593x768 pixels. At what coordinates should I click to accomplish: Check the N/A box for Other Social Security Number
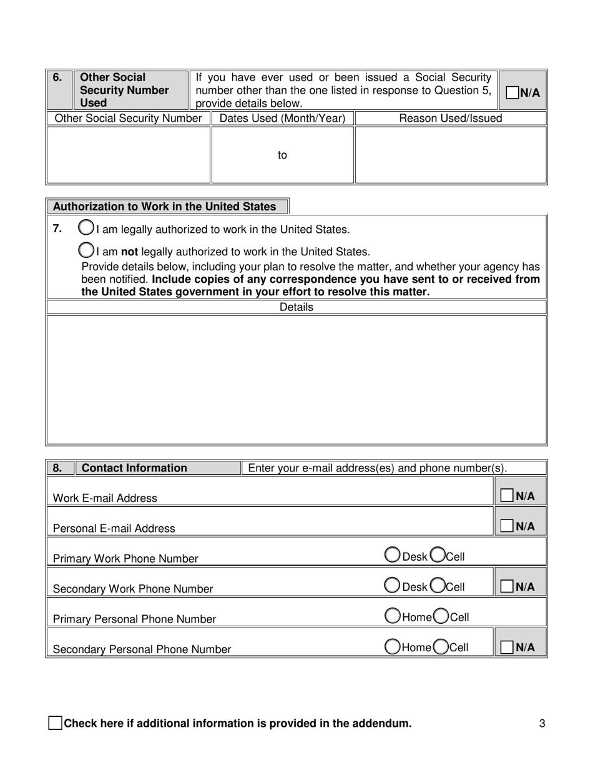point(512,92)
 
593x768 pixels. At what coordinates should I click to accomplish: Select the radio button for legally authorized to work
point(86,228)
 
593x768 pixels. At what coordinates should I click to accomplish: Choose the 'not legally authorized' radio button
point(86,250)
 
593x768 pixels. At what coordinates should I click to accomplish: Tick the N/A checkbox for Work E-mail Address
point(507,496)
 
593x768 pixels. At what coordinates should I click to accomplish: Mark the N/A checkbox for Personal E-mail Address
point(507,526)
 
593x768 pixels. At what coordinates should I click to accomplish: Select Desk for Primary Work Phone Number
point(393,555)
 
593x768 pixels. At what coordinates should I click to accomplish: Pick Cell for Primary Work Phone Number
point(438,555)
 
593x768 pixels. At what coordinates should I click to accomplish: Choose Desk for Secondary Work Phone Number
point(393,585)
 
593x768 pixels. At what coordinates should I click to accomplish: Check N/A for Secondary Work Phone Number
point(507,586)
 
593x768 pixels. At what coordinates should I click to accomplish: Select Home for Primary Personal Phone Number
point(393,616)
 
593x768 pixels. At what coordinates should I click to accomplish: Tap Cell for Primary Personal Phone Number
point(441,616)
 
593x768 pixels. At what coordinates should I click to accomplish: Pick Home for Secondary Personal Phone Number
point(393,647)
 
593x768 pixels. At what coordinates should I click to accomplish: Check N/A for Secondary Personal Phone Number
point(507,647)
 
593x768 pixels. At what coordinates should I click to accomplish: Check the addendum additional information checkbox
point(55,724)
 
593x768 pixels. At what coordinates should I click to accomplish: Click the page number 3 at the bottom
point(542,724)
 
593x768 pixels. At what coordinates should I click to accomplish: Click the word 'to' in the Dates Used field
point(282,155)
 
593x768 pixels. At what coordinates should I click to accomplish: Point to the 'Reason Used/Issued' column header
point(450,119)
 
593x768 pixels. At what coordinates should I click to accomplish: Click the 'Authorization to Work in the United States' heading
point(165,207)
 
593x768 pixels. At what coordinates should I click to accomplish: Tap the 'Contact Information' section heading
point(134,468)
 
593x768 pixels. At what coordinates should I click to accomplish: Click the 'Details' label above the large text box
point(296,307)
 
